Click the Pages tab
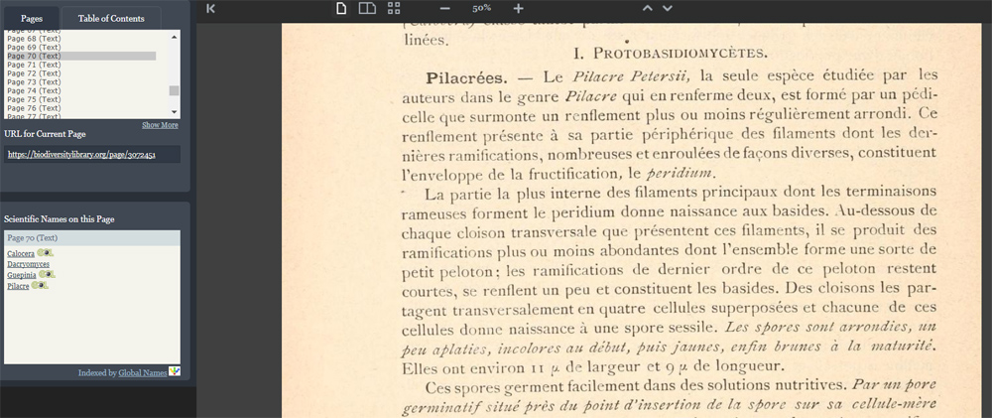[x=31, y=18]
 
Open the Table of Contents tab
[x=111, y=18]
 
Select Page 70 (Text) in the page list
[x=34, y=57]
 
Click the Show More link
[x=160, y=125]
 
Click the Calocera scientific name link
[x=20, y=254]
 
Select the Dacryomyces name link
[x=28, y=264]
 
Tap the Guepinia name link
[x=21, y=275]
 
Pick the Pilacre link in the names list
[x=18, y=286]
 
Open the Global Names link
[x=143, y=372]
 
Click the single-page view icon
[x=341, y=8]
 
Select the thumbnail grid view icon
[x=394, y=8]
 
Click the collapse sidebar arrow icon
[x=210, y=8]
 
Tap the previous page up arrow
[x=647, y=8]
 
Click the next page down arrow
[x=668, y=8]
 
